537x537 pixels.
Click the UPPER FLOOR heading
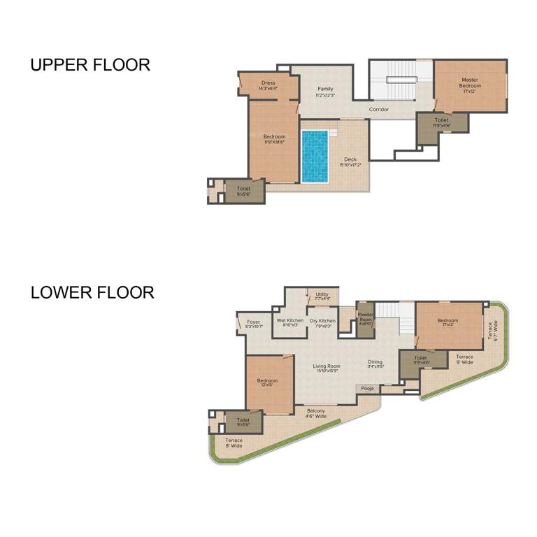coord(90,65)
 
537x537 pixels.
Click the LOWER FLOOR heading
coord(92,292)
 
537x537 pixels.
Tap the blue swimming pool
coord(315,156)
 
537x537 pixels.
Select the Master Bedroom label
coord(471,83)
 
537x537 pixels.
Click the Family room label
coord(325,92)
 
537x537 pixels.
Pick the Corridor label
coord(379,109)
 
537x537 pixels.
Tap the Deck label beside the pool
coord(350,162)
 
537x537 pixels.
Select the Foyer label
coord(253,324)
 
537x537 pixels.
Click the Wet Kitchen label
coord(290,322)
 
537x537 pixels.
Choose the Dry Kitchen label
coord(322,323)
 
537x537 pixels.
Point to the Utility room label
coord(322,296)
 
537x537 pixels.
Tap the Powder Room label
coord(365,319)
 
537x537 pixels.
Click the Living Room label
coord(327,368)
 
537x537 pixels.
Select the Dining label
coord(375,364)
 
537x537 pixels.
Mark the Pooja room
coord(367,387)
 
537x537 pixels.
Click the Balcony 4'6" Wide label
coord(316,413)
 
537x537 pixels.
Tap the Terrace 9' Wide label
coord(465,359)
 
